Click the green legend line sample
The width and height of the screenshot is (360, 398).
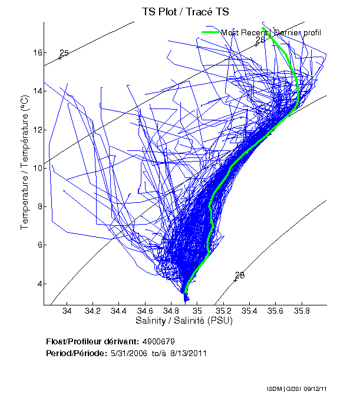210,32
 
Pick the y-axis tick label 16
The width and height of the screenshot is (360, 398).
37,53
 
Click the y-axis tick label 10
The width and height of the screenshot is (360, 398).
37,169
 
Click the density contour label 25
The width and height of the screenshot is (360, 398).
64,54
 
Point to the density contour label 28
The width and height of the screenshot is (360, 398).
240,275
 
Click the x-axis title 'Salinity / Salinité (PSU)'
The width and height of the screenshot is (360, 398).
185,321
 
